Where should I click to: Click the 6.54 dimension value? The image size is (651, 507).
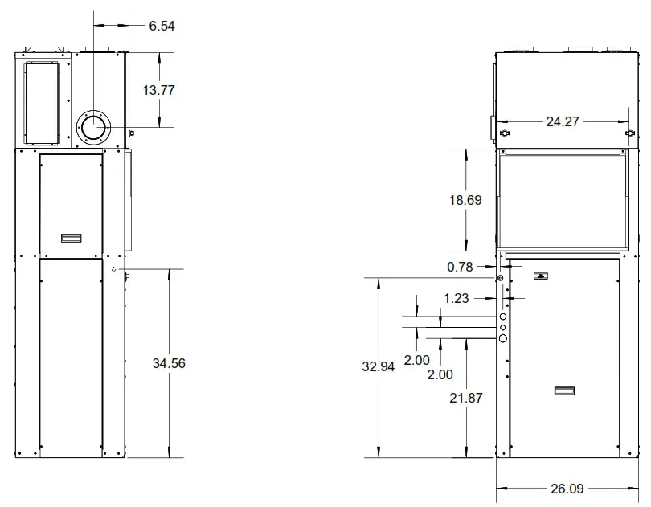pos(162,26)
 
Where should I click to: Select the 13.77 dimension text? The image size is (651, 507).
pos(158,90)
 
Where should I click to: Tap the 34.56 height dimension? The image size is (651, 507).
pos(168,363)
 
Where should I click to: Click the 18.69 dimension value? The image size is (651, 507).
pos(465,200)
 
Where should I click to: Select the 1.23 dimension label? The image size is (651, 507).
pos(456,298)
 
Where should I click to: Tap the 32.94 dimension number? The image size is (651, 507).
pos(379,367)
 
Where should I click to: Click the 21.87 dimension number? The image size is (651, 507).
pos(466,397)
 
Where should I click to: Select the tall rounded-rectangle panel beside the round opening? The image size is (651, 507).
pos(41,100)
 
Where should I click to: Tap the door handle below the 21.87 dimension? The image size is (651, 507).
pos(564,391)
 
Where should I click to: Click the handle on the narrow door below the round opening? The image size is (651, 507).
pos(72,238)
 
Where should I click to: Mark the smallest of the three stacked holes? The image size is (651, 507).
pos(503,328)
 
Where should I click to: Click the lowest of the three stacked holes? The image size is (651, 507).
pos(503,339)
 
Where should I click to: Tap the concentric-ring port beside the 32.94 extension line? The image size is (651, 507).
pos(501,278)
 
